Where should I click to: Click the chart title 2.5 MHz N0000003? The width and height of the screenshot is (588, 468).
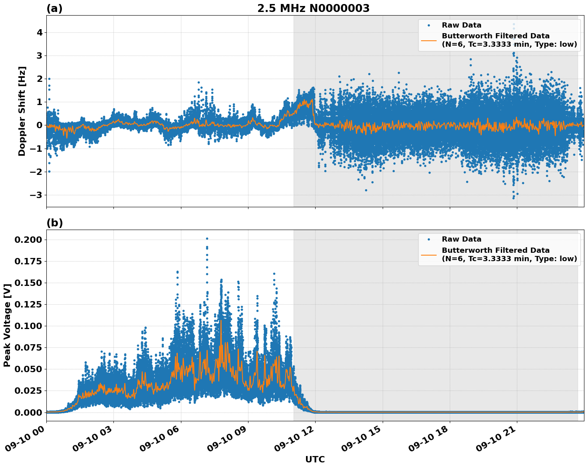[x=313, y=8]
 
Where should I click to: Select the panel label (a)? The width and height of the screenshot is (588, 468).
[x=54, y=8]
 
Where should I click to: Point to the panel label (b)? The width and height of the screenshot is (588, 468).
[x=54, y=223]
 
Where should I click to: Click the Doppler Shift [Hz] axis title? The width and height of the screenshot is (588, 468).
[x=22, y=111]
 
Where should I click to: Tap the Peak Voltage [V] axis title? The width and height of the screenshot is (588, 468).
[x=7, y=325]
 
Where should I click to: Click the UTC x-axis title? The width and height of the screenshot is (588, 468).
[x=315, y=459]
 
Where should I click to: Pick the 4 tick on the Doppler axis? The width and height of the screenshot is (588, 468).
[x=39, y=32]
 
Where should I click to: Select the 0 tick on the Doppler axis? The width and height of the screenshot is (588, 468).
[x=39, y=125]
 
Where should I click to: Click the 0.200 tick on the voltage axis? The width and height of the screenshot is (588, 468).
[x=28, y=240]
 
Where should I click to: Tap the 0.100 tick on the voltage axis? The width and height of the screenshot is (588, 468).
[x=28, y=326]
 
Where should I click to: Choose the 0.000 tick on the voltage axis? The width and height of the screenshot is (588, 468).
[x=28, y=412]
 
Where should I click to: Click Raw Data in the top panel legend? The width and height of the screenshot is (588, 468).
[x=461, y=25]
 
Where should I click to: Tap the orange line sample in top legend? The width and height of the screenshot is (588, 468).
[x=429, y=40]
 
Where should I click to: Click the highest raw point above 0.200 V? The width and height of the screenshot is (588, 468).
[x=207, y=238]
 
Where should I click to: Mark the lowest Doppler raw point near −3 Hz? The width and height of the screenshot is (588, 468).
[x=514, y=198]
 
